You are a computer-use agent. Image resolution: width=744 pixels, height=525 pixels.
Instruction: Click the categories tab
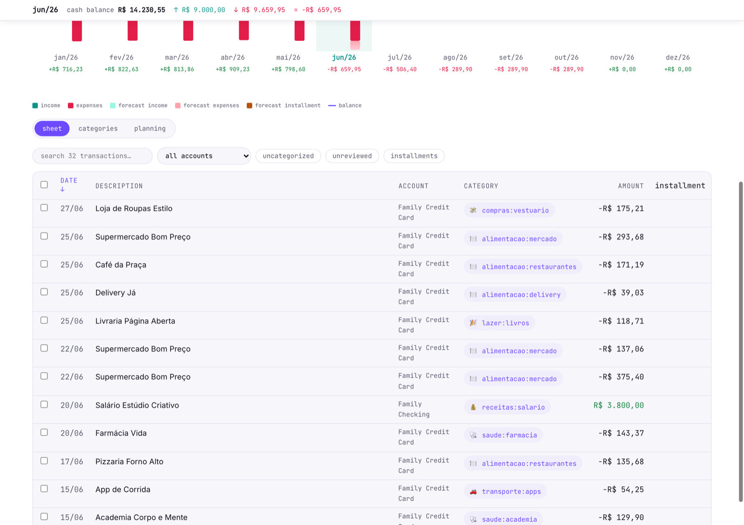click(98, 128)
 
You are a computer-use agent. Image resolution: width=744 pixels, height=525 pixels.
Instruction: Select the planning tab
click(150, 128)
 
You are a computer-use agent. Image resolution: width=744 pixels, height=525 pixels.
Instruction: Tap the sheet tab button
click(52, 128)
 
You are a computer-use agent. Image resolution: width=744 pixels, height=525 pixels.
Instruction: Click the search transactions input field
click(93, 156)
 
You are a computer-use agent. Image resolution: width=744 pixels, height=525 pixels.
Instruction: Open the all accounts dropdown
click(204, 156)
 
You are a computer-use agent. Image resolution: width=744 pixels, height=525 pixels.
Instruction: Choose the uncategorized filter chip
click(288, 156)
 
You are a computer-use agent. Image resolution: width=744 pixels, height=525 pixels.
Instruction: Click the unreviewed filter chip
click(352, 156)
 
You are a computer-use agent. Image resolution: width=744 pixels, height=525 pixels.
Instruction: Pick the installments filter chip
click(414, 156)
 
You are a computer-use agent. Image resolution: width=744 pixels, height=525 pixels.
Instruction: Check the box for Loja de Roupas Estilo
click(44, 208)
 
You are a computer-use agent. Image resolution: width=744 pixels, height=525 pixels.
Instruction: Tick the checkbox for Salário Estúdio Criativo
click(44, 405)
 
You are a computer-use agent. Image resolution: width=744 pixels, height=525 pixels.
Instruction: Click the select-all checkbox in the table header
click(44, 185)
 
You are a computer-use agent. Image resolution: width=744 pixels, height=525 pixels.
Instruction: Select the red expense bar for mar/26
click(188, 31)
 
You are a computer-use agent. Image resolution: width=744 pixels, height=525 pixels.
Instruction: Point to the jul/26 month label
click(399, 58)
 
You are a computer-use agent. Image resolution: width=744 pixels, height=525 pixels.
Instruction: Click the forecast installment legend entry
click(284, 106)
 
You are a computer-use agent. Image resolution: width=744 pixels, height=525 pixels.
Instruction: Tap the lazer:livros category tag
click(499, 323)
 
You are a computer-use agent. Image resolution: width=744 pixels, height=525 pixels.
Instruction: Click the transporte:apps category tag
click(505, 492)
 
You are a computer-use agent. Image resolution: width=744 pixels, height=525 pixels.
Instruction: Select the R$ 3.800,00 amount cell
click(618, 405)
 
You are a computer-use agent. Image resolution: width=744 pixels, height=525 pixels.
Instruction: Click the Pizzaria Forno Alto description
click(129, 462)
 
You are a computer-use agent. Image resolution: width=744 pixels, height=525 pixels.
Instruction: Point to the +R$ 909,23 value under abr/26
click(232, 69)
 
